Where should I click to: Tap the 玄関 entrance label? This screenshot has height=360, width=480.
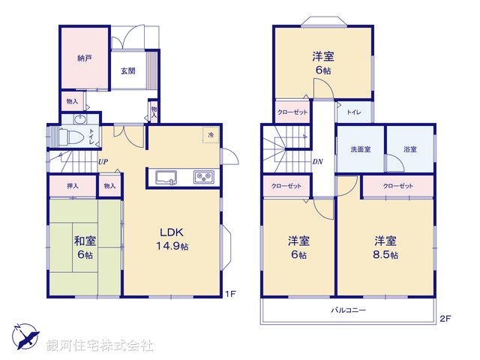click(x=127, y=71)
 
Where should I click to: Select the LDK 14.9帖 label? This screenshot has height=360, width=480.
click(x=172, y=238)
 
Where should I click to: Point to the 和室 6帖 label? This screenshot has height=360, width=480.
click(x=84, y=247)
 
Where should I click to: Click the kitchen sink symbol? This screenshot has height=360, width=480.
click(x=166, y=178)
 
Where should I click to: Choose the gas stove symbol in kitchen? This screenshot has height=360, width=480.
click(x=204, y=178)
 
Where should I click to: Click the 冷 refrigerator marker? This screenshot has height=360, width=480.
click(x=211, y=135)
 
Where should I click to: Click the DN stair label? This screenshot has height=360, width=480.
click(x=317, y=161)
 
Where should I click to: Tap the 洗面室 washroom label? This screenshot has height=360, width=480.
click(x=361, y=150)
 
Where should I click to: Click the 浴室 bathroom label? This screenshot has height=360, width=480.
click(x=409, y=150)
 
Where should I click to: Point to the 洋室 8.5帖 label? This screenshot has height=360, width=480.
click(x=386, y=248)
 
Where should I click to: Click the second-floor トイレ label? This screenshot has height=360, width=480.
click(x=352, y=112)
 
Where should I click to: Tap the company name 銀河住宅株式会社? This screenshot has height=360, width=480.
click(x=100, y=346)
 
